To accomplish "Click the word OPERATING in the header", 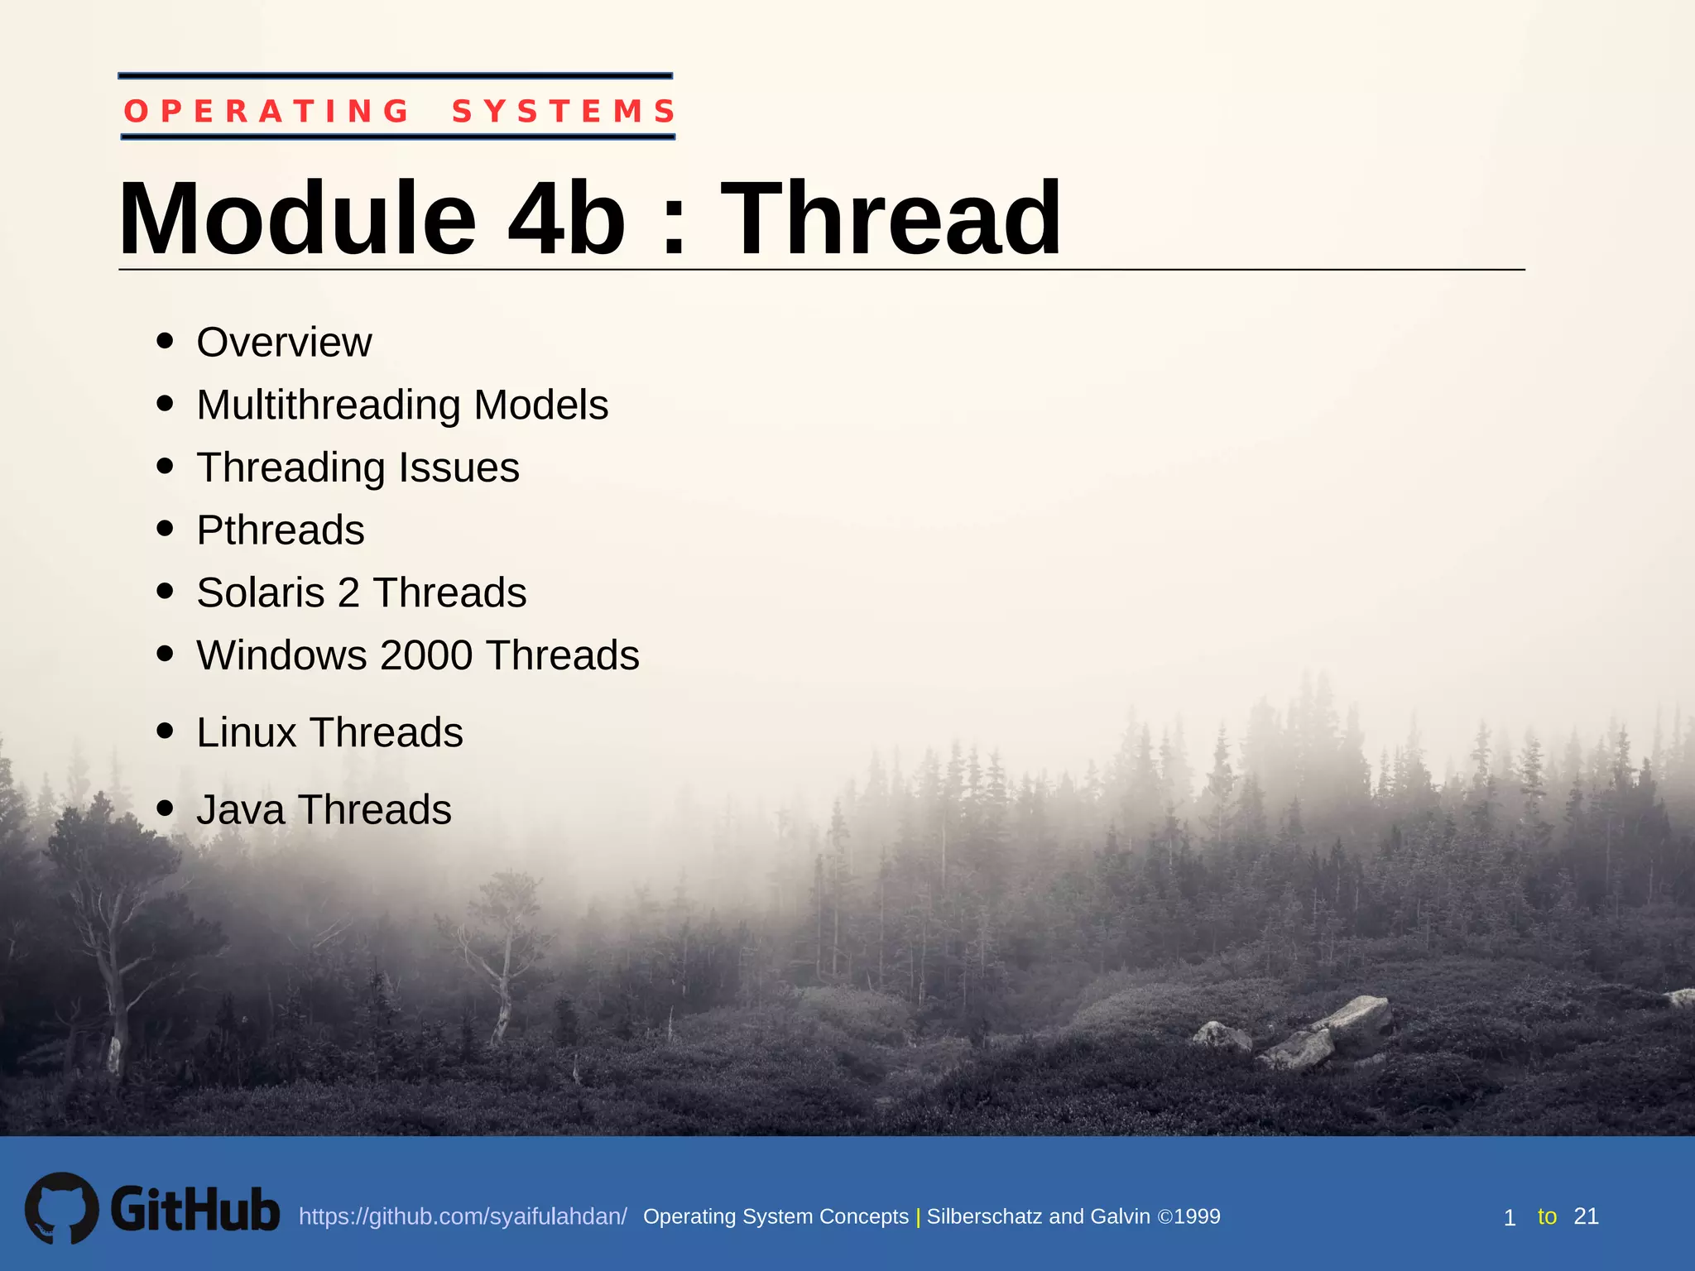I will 266,111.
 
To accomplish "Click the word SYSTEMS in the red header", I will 564,111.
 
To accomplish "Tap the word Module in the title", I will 297,219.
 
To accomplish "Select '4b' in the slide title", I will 567,219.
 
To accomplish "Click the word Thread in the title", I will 891,219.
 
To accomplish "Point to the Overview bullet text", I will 284,343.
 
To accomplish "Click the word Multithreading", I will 329,405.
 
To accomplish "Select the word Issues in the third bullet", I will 459,468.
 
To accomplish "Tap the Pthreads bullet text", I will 281,530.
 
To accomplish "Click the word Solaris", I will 261,592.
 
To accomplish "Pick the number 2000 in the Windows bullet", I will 425,655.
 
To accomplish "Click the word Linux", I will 246,732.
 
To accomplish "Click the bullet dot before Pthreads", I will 165,528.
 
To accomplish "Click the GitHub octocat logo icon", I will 61,1208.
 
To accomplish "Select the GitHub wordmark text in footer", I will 195,1210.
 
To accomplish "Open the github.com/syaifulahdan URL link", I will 463,1216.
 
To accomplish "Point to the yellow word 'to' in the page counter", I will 1547,1216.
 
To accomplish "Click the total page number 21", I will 1586,1216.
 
